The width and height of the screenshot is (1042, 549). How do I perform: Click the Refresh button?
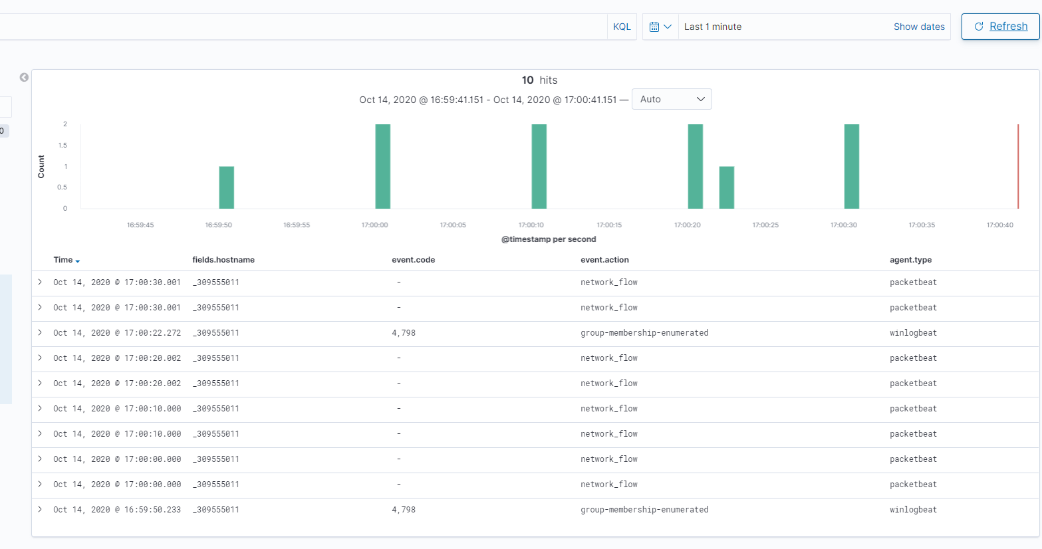pos(1000,27)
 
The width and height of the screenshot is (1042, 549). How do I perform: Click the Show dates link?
pos(918,27)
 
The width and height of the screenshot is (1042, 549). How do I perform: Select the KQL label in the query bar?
pos(622,27)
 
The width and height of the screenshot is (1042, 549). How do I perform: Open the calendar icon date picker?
pos(660,27)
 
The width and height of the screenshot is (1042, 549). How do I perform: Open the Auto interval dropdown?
pos(672,99)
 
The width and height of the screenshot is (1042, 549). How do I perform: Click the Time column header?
pos(64,260)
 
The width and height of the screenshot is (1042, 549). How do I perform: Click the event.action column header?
pos(604,260)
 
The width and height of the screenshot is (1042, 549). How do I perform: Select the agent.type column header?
pos(910,260)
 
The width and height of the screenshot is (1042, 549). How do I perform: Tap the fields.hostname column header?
pos(223,260)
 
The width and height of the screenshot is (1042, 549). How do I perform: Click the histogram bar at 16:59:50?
pos(227,187)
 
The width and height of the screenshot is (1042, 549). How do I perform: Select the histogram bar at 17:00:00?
pos(383,166)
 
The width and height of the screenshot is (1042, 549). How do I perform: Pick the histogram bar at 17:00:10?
pos(539,166)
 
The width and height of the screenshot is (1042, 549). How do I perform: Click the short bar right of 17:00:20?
pos(727,187)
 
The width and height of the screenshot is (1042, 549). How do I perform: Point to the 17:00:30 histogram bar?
pos(852,166)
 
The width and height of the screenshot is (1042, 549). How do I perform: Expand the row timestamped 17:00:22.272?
pos(40,332)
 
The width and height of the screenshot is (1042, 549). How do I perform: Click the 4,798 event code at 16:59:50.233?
pos(404,510)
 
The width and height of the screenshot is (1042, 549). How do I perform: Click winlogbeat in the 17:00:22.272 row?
pos(913,333)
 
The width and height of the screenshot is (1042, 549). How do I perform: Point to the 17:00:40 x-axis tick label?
pos(999,225)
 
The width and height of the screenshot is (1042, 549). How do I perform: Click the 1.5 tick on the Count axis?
pos(63,145)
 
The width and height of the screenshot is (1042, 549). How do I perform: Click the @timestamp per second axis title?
pos(549,239)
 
